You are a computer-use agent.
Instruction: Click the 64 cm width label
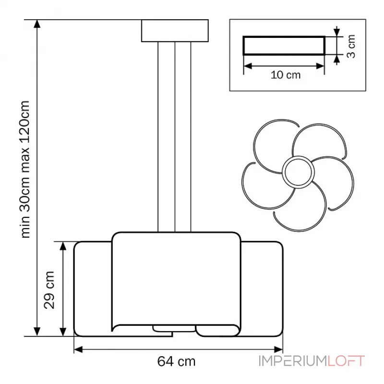[x=176, y=361]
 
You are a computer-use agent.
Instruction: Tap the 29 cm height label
[x=49, y=290]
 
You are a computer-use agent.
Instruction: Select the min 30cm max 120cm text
[x=25, y=169]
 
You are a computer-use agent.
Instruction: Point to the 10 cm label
[x=286, y=75]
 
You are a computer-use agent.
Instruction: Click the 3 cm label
[x=351, y=46]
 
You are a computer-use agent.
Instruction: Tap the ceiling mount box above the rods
[x=175, y=31]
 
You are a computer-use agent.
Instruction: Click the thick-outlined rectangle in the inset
[x=284, y=46]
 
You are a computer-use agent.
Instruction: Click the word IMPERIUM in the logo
[x=293, y=361]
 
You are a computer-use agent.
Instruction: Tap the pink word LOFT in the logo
[x=346, y=361]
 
